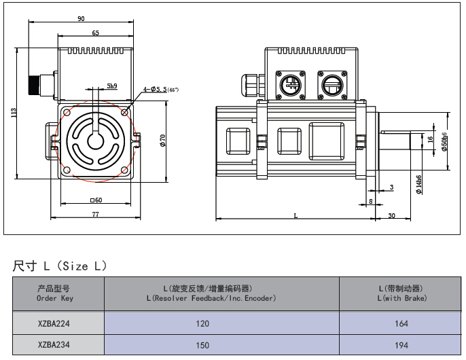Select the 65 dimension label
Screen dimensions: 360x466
coord(95,33)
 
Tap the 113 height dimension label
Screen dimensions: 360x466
coord(14,113)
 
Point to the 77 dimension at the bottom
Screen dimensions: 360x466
coord(95,214)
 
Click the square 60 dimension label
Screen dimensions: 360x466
coord(96,200)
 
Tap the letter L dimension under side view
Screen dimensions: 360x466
coord(295,215)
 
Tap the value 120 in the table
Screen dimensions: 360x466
coord(202,324)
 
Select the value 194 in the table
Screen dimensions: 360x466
coord(401,345)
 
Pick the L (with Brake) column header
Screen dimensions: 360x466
coord(401,294)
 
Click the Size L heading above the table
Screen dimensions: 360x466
coord(60,266)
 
